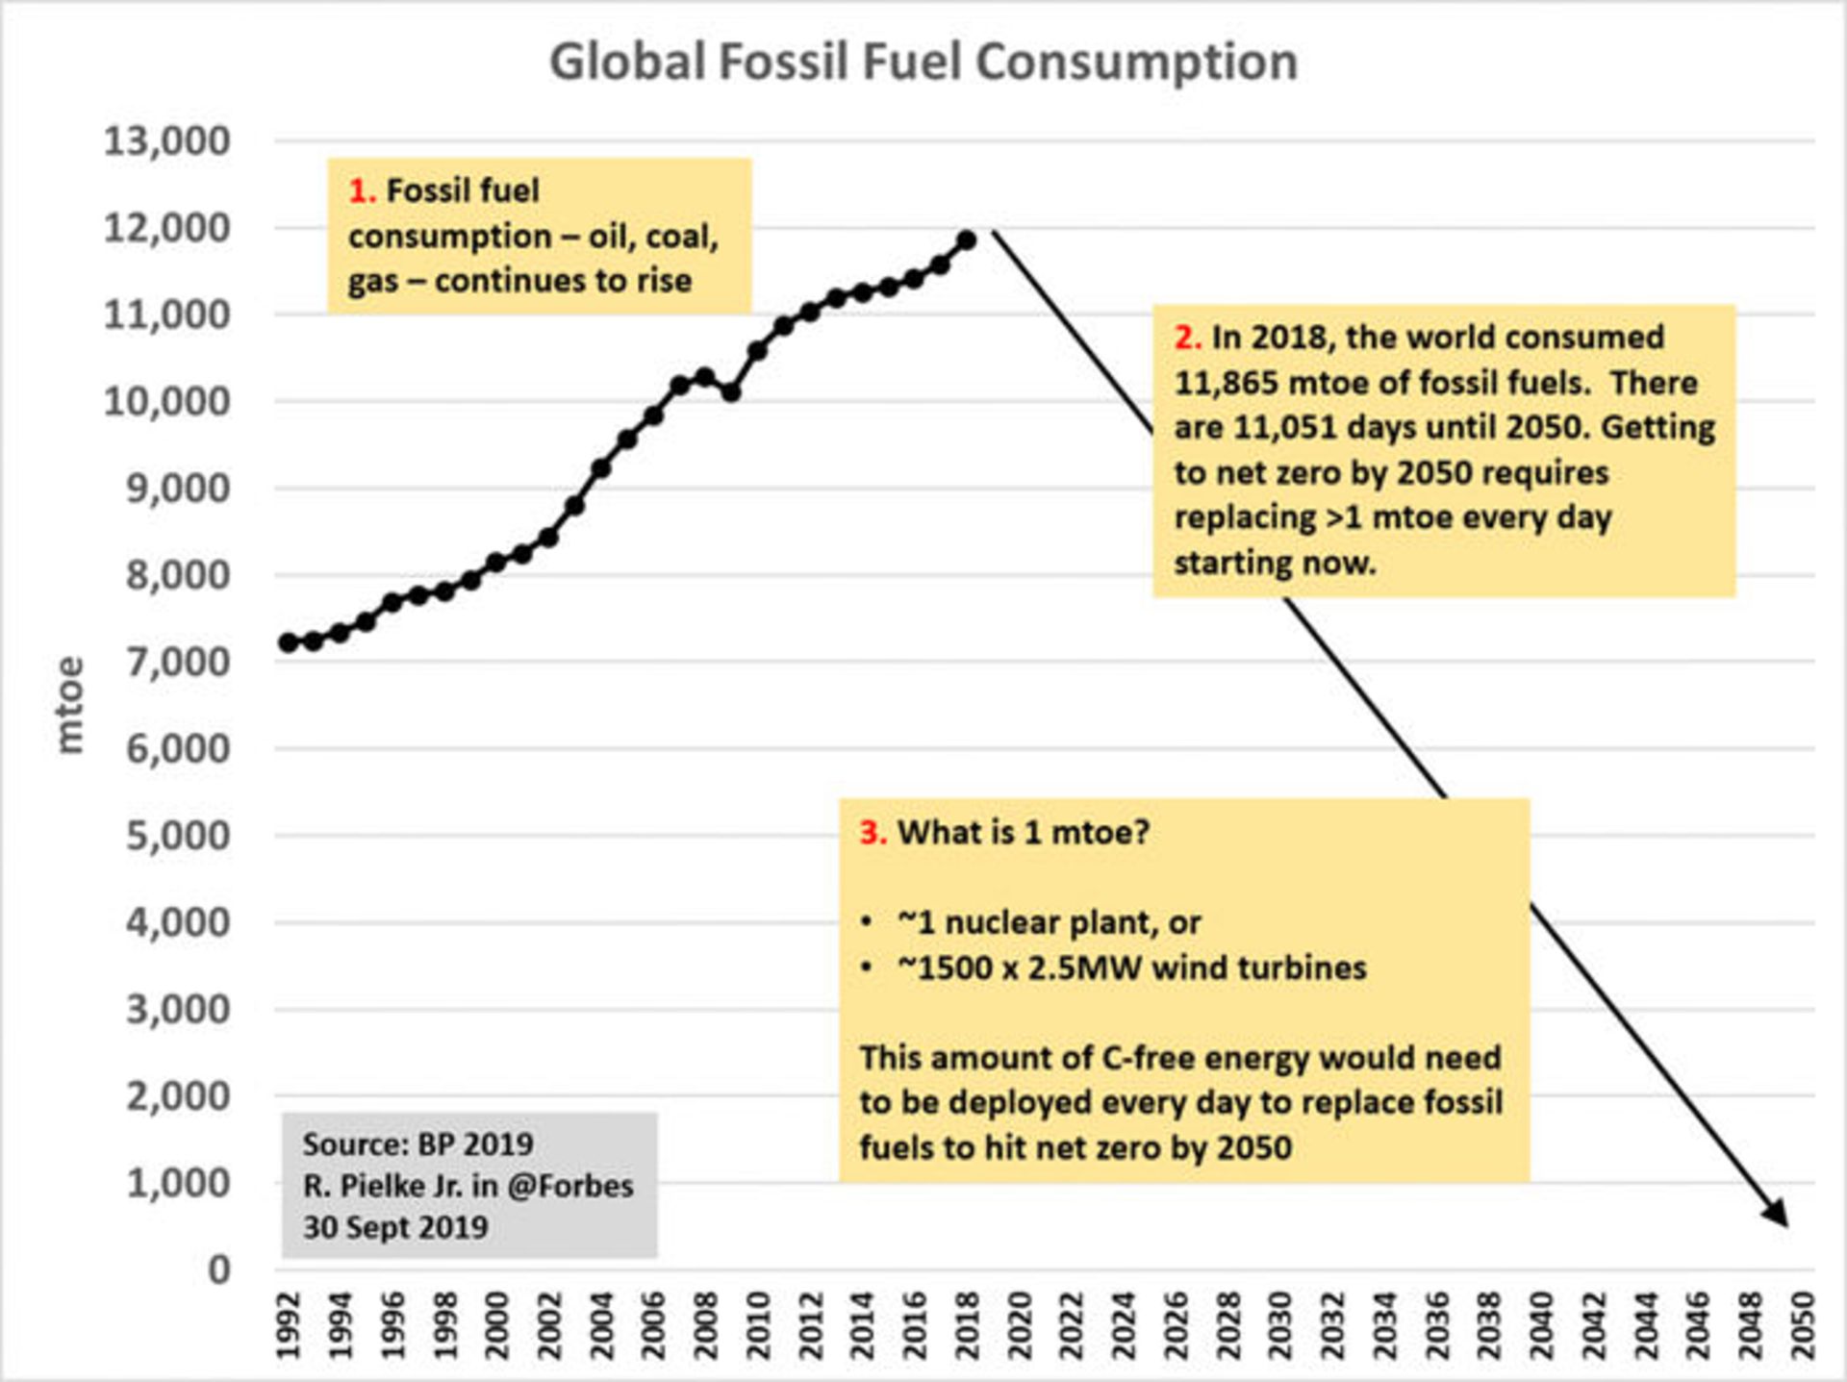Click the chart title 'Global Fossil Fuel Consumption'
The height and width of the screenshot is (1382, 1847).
point(923,62)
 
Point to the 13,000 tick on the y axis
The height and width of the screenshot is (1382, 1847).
point(167,141)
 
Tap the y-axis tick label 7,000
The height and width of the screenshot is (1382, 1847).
point(178,662)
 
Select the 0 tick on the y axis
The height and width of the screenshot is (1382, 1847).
point(219,1269)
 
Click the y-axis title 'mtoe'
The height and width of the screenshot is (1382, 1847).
point(70,705)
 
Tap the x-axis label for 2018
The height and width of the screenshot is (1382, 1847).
point(967,1326)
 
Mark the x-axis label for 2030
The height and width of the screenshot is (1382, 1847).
point(1280,1326)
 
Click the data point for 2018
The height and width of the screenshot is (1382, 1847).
point(967,240)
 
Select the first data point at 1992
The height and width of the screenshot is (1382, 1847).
point(288,642)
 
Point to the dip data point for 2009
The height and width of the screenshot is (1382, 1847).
point(731,392)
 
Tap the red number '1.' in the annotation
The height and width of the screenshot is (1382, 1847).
point(362,191)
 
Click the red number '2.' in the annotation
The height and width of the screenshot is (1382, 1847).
point(1188,338)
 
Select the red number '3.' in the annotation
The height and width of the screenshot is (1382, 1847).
point(873,832)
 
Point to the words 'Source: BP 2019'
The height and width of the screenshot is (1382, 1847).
point(417,1144)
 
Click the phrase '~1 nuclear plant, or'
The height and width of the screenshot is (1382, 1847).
point(1049,922)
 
